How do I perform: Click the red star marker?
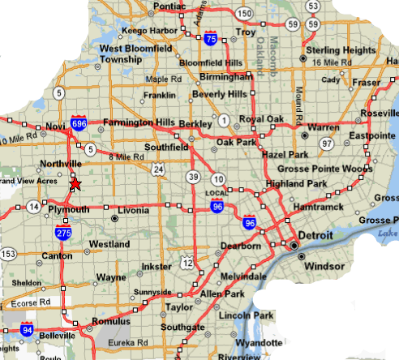pos(75,184)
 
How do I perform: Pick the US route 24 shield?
pos(158,169)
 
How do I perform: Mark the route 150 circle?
pos(244,14)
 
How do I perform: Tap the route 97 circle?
pos(327,144)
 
